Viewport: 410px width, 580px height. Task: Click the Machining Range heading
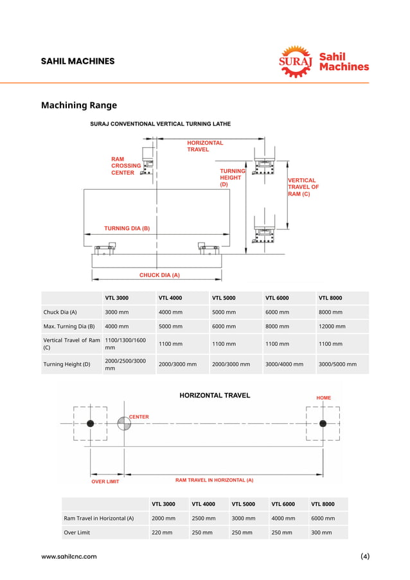point(79,105)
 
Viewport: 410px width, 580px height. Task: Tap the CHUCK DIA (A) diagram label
point(159,275)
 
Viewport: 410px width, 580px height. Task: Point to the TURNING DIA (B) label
point(127,228)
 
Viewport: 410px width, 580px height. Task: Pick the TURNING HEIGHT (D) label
point(232,177)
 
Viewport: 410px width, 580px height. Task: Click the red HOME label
point(324,398)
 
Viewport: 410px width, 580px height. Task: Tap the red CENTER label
point(139,417)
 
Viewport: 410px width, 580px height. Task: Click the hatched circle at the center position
point(123,424)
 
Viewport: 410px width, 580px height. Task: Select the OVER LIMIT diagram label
point(105,481)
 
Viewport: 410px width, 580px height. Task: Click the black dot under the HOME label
point(323,423)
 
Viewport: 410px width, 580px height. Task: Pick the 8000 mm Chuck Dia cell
point(330,312)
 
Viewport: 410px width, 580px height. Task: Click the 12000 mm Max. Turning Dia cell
point(332,326)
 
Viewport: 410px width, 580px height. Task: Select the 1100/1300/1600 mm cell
point(125,344)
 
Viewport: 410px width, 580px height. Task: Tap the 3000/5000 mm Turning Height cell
point(337,364)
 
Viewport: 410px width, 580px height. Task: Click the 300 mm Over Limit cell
point(321,532)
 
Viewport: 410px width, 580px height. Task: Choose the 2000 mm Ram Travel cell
point(163,518)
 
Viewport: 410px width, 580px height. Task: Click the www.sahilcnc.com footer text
point(69,557)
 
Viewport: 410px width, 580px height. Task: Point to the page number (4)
point(365,557)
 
